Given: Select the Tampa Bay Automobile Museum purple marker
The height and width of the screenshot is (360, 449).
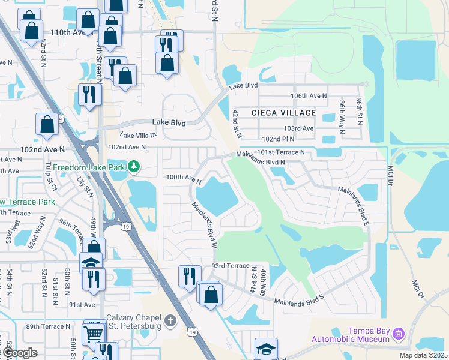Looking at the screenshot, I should tap(399, 334).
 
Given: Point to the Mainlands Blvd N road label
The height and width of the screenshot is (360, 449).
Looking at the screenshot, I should tap(260, 158).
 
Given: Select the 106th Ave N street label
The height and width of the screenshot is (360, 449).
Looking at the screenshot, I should tap(309, 96).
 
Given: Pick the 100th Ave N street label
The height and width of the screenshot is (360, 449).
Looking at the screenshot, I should tap(183, 178).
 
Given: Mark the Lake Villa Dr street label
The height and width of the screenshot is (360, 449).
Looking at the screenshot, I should tap(139, 136).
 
